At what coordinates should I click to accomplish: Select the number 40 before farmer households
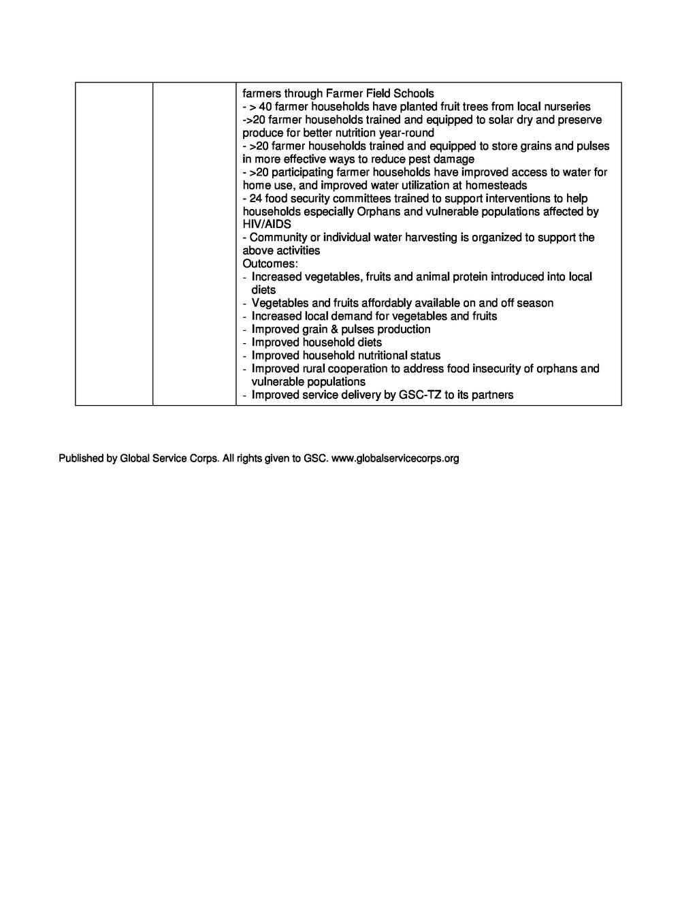(265, 107)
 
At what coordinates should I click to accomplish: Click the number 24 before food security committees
(256, 198)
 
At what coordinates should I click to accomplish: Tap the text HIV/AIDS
(267, 225)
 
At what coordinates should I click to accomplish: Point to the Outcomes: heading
(270, 263)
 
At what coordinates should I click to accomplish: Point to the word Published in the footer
(81, 459)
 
